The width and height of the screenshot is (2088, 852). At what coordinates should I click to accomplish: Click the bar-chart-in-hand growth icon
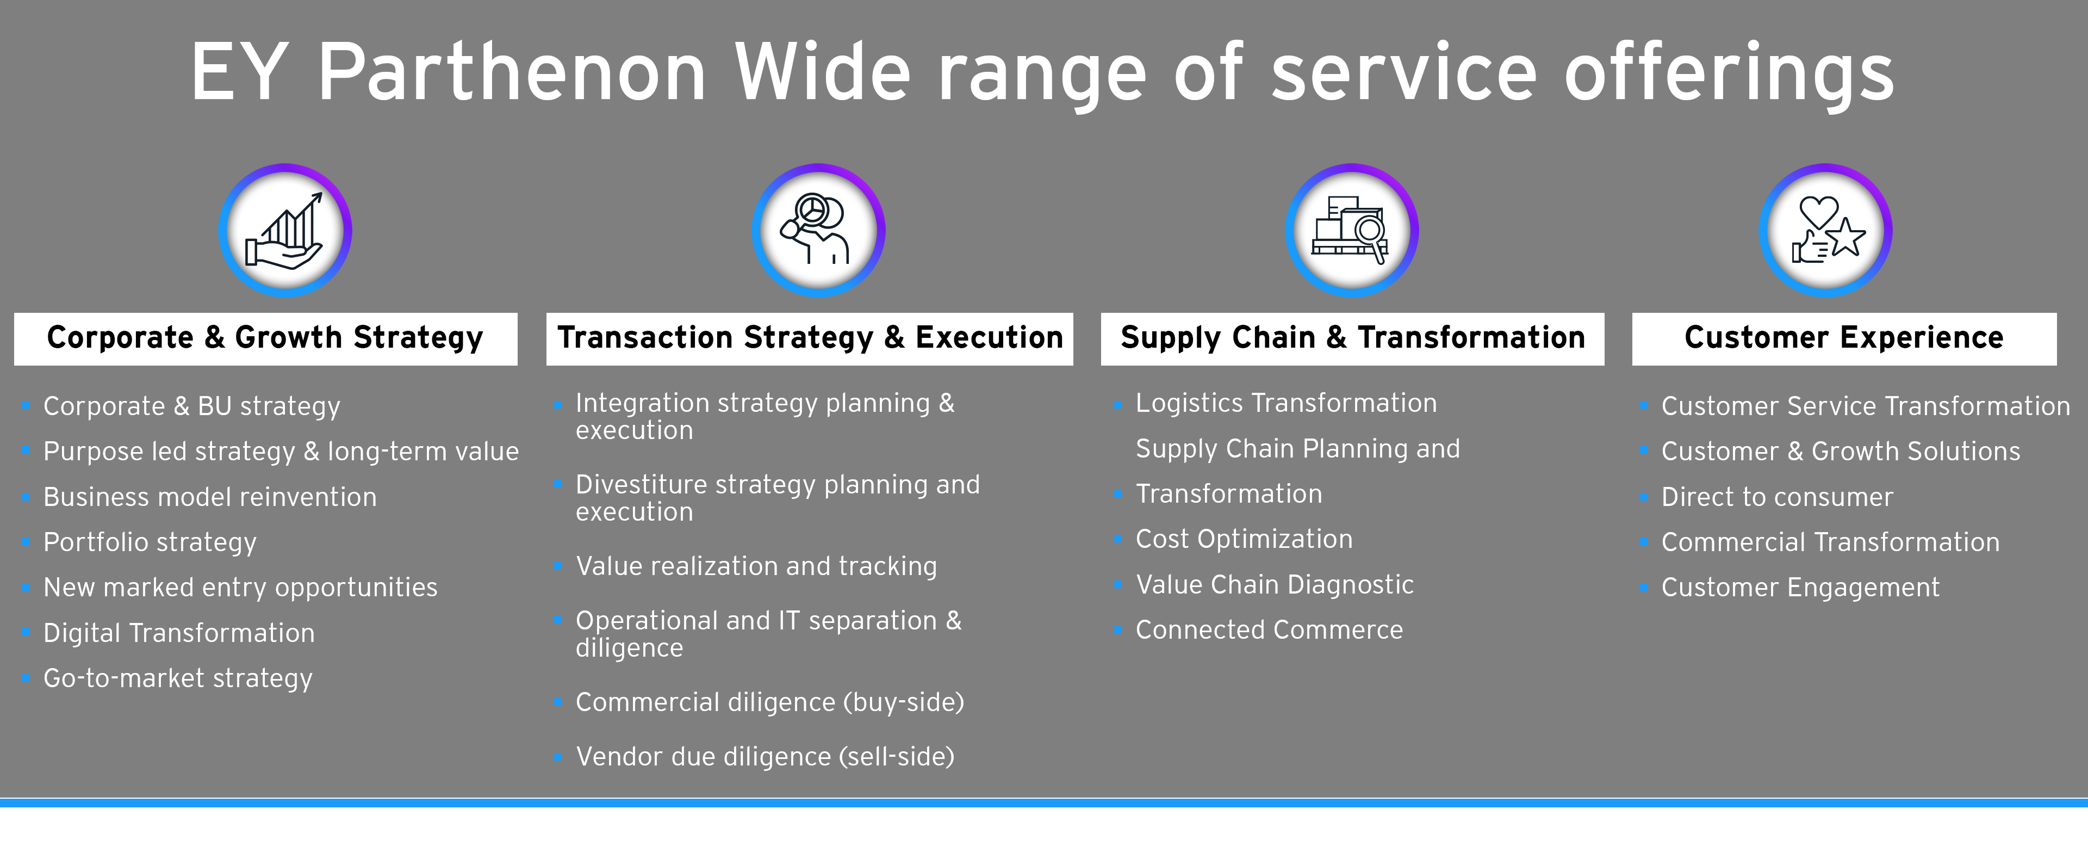click(x=284, y=230)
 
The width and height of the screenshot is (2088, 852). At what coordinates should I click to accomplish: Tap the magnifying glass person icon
click(x=818, y=230)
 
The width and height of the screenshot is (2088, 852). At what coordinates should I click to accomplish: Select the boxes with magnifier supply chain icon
click(x=1351, y=230)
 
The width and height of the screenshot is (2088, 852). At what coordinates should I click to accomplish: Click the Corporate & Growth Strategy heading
click(x=265, y=338)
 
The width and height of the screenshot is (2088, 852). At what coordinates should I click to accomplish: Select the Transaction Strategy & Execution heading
click(x=810, y=338)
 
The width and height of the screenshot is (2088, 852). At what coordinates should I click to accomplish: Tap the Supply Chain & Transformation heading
click(x=1352, y=338)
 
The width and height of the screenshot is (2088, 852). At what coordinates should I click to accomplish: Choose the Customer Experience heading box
click(x=1844, y=338)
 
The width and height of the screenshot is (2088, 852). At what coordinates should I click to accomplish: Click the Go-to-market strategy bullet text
click(x=177, y=678)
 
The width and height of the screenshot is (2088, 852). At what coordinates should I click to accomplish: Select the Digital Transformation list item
click(x=179, y=632)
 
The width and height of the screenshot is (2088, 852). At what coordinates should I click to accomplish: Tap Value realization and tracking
click(x=756, y=566)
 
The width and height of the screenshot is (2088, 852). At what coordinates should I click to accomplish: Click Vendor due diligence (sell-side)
click(x=765, y=756)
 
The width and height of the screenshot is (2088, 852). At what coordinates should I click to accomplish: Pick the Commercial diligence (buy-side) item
click(x=770, y=702)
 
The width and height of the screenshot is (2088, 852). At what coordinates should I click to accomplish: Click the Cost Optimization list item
click(x=1244, y=539)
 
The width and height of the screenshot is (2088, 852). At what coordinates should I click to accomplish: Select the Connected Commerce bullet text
click(x=1269, y=630)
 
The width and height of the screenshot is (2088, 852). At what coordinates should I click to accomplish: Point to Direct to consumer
click(x=1778, y=497)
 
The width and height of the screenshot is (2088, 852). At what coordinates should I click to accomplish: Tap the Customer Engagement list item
click(x=1800, y=588)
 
